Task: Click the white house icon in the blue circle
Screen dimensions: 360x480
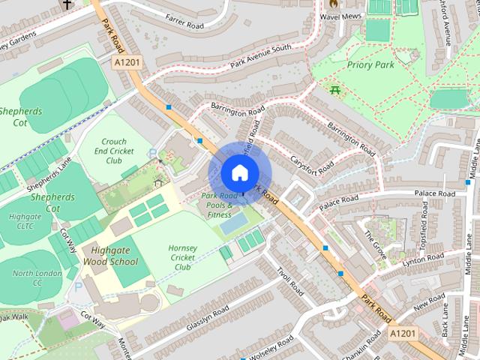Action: [239, 172]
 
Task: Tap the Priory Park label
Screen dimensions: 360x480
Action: [370, 65]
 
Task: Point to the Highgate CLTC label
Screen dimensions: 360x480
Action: [25, 222]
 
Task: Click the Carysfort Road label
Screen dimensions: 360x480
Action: [313, 159]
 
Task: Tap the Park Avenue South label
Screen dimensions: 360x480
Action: [260, 58]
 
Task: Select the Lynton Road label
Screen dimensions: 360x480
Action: [424, 260]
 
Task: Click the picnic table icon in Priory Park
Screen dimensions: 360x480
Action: [334, 91]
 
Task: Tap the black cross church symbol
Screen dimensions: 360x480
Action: [67, 4]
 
